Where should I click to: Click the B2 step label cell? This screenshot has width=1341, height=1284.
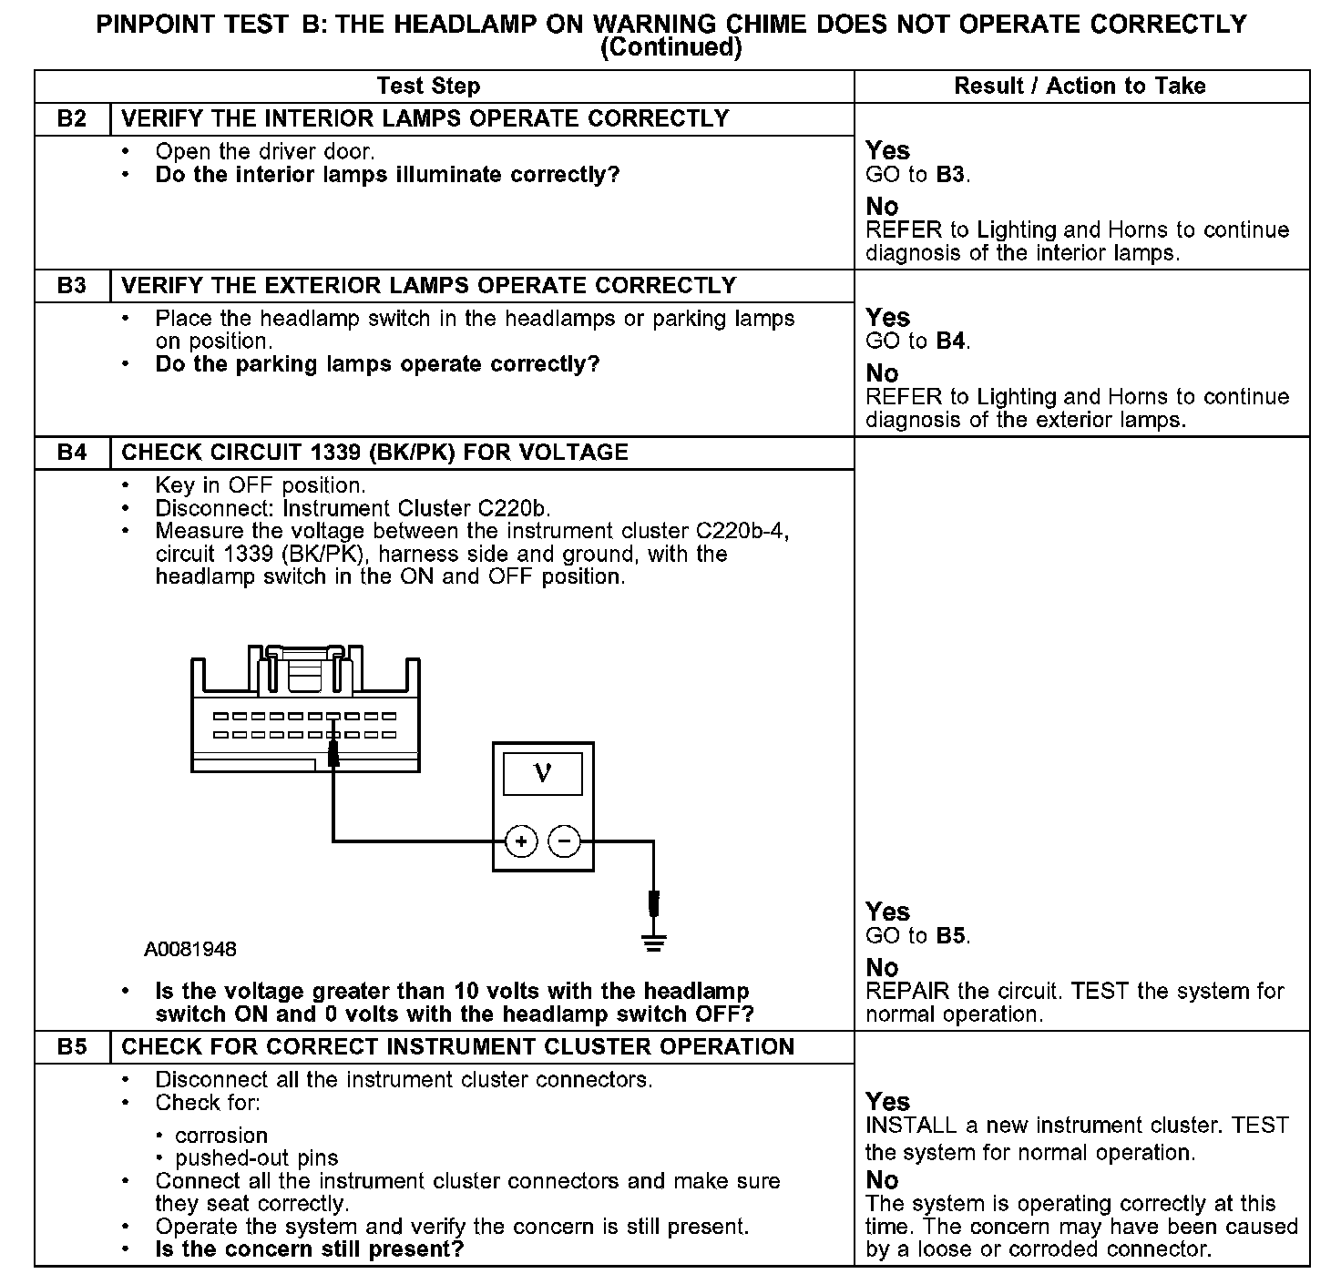(x=72, y=119)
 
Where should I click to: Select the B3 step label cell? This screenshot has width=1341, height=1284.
(x=72, y=286)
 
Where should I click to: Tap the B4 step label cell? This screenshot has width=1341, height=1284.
(x=72, y=453)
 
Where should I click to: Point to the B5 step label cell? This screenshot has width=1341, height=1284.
(x=72, y=1047)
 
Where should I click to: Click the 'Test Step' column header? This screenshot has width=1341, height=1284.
(x=428, y=87)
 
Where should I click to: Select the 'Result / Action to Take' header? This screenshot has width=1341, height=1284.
(x=1080, y=87)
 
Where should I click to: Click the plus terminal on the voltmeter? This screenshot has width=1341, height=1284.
(x=521, y=841)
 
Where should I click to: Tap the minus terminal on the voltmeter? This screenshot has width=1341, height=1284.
(x=565, y=841)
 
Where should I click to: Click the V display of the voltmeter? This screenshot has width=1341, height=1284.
(x=543, y=774)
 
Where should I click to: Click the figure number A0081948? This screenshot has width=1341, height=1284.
(x=190, y=950)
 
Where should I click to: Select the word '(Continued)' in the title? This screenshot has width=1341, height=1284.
(x=670, y=47)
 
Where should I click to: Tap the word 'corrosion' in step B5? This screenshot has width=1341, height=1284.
(x=221, y=1136)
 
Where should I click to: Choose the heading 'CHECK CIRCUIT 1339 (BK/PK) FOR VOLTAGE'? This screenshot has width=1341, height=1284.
(x=374, y=453)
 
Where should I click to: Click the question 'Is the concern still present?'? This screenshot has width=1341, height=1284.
(x=310, y=1248)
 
